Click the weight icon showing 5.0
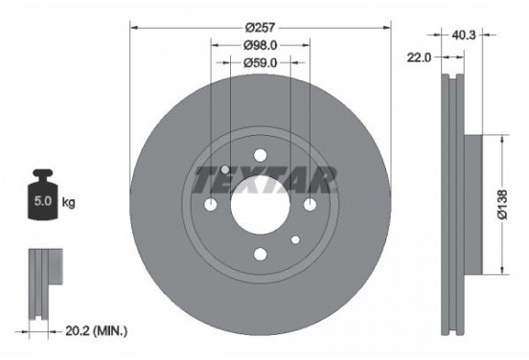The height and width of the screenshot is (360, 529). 42,199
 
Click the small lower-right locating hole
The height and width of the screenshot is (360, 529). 295,239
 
